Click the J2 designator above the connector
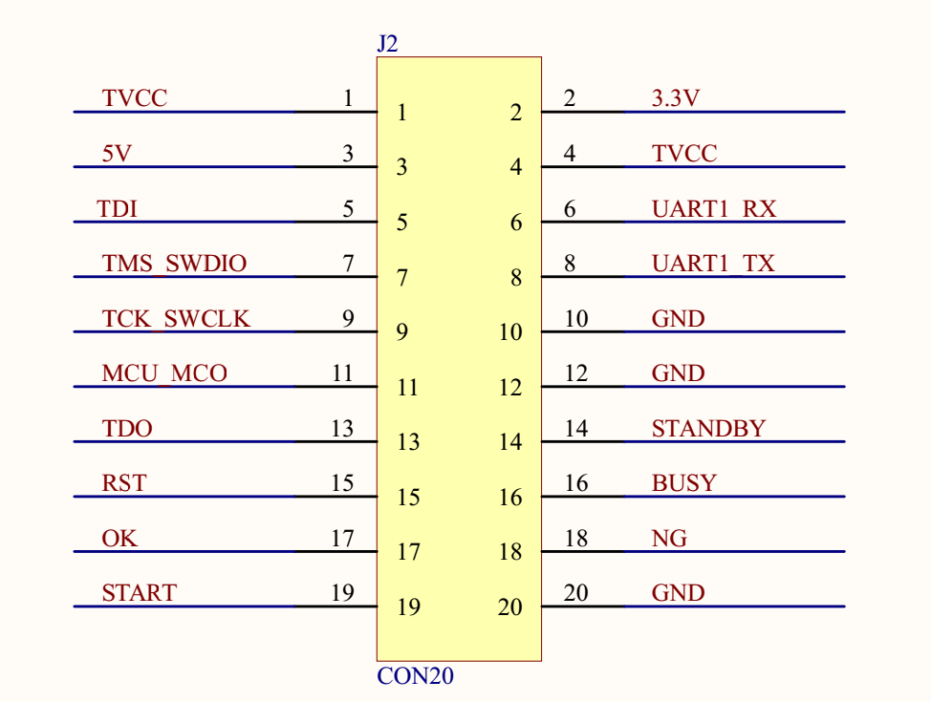pyautogui.click(x=387, y=44)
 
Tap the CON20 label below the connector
pyautogui.click(x=415, y=677)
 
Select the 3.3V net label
pyautogui.click(x=676, y=98)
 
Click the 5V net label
pyautogui.click(x=117, y=154)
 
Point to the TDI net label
pyautogui.click(x=118, y=209)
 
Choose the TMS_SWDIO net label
pyautogui.click(x=174, y=264)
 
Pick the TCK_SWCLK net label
pyautogui.click(x=176, y=319)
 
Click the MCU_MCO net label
pyautogui.click(x=164, y=373)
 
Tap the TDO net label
pyautogui.click(x=127, y=429)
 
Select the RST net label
pyautogui.click(x=124, y=483)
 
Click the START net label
pyautogui.click(x=139, y=593)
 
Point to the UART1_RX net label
pyautogui.click(x=714, y=209)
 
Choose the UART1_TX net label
pyautogui.click(x=713, y=264)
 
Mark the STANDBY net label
pyautogui.click(x=708, y=429)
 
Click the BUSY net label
pyautogui.click(x=683, y=483)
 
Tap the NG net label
pyautogui.click(x=669, y=539)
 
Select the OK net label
pyautogui.click(x=119, y=539)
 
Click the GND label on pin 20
pyautogui.click(x=678, y=593)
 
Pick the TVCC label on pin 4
pyautogui.click(x=684, y=154)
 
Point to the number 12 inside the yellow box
pyautogui.click(x=510, y=388)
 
